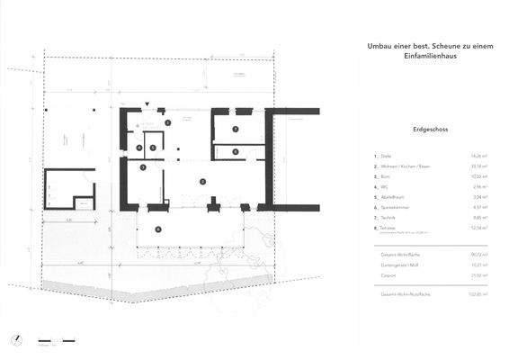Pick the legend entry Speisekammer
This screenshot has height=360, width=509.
(x=394, y=207)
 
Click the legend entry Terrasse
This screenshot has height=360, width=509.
(x=389, y=228)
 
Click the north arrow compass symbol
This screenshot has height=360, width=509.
(x=15, y=340)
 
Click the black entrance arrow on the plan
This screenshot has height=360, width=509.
(x=147, y=104)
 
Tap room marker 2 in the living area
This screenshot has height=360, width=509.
(x=202, y=181)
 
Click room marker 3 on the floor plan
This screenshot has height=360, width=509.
(x=144, y=165)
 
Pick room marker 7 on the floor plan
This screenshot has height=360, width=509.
(x=235, y=130)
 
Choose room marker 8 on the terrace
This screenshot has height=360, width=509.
(x=158, y=229)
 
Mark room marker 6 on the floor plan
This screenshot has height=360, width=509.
(x=235, y=152)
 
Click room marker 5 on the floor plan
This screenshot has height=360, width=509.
(x=153, y=148)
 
